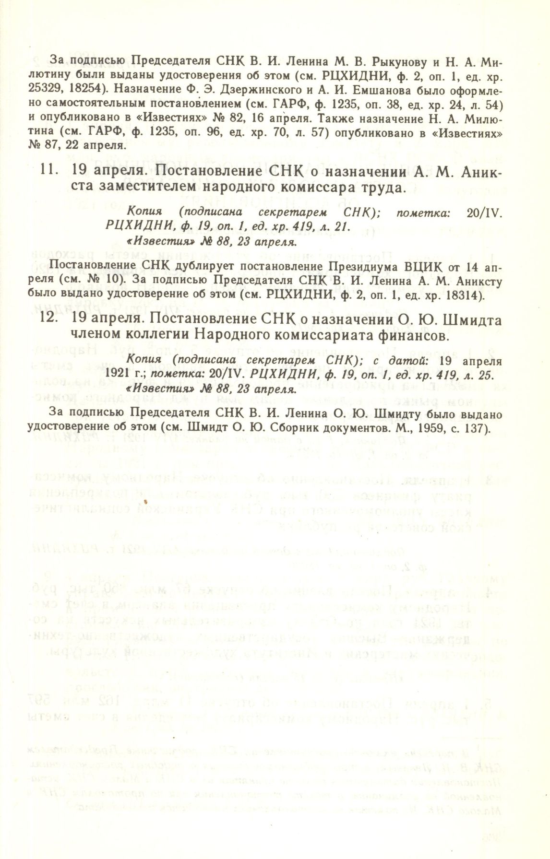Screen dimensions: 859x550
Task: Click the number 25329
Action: pyautogui.click(x=65, y=91)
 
